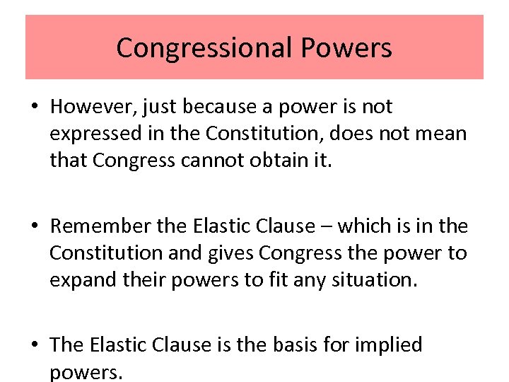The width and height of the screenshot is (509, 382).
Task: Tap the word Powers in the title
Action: [x=346, y=48]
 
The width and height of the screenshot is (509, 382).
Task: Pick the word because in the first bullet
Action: [x=216, y=107]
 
